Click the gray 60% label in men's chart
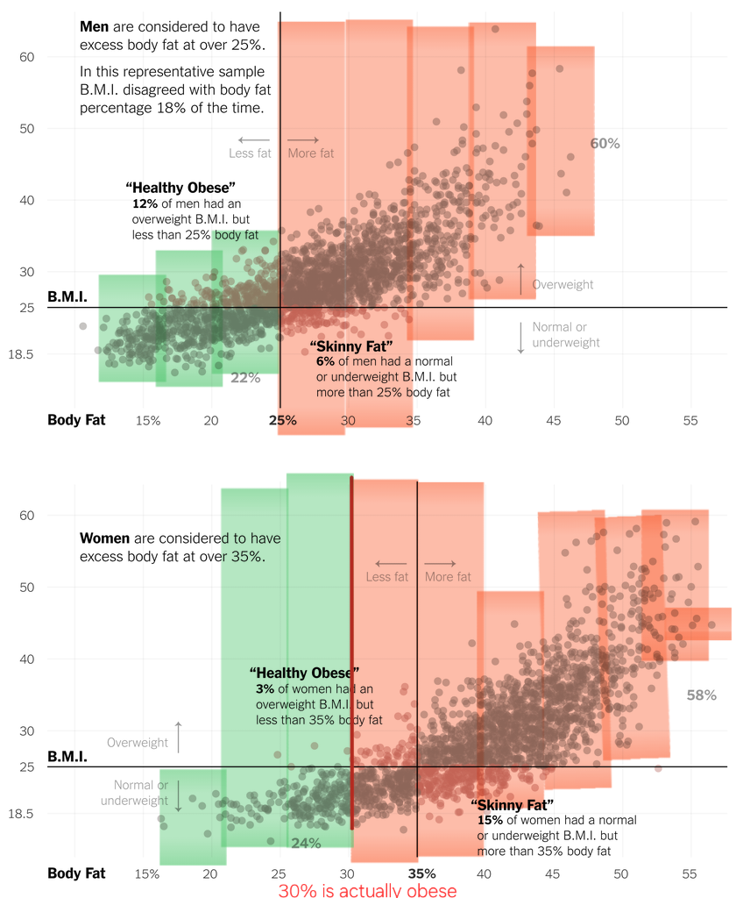605,143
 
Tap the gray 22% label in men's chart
245,378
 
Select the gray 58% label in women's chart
701,695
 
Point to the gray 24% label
306,843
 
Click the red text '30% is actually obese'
367,890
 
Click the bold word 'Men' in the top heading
94,27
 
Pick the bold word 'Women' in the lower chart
104,538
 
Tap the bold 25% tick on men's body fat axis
282,420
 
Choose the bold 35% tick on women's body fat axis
421,873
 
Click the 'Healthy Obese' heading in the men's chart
180,188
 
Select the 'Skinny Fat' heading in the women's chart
512,805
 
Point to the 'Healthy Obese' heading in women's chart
304,673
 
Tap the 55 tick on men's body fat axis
690,420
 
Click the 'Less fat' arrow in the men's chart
254,140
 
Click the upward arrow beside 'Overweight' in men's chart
520,279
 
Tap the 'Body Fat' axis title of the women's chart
76,873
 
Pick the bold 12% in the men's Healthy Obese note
145,203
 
